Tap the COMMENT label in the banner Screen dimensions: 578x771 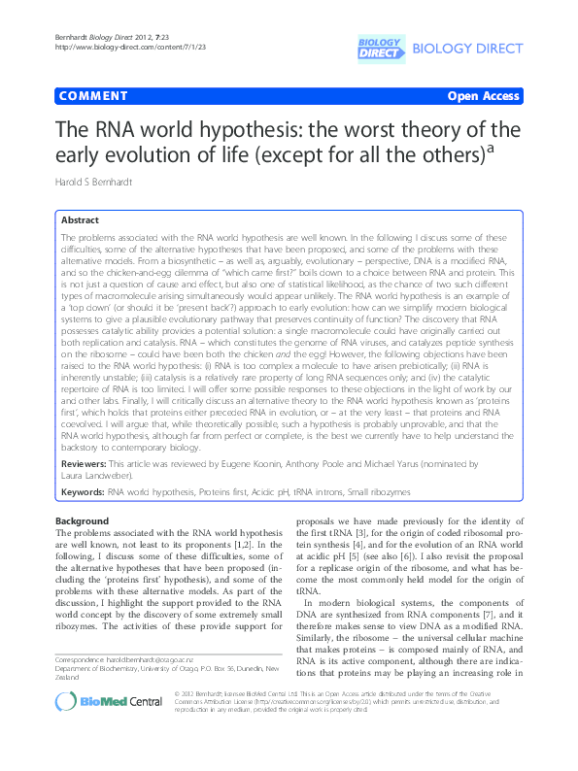point(93,96)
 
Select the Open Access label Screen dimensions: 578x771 point(483,96)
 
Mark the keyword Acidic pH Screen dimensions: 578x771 point(251,492)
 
